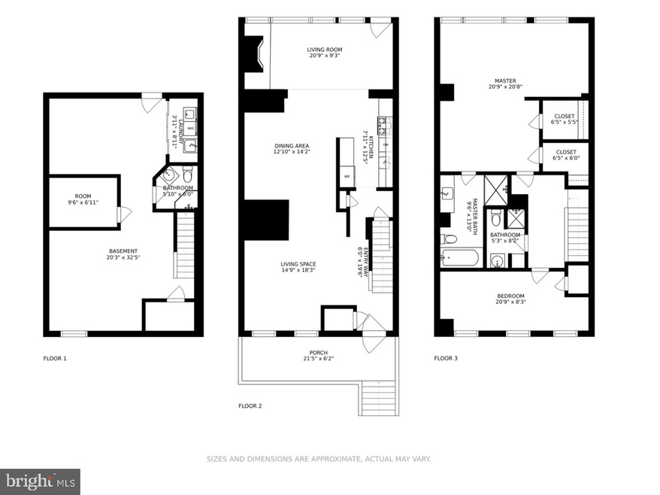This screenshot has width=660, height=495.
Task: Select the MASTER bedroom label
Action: [504, 84]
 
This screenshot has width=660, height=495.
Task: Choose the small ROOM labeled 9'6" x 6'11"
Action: [83, 199]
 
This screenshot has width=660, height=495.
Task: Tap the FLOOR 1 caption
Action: [55, 358]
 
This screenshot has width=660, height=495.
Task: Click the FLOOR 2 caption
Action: [250, 405]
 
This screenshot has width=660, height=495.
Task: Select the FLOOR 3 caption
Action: [446, 358]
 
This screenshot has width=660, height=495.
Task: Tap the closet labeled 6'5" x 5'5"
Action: [564, 120]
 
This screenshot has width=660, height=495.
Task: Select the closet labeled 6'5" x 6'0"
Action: [564, 155]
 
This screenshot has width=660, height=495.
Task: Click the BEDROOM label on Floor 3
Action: [510, 299]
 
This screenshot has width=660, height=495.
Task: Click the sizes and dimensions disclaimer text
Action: [318, 458]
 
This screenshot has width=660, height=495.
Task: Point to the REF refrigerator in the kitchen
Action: [347, 176]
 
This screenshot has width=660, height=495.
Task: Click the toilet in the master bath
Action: [450, 239]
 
